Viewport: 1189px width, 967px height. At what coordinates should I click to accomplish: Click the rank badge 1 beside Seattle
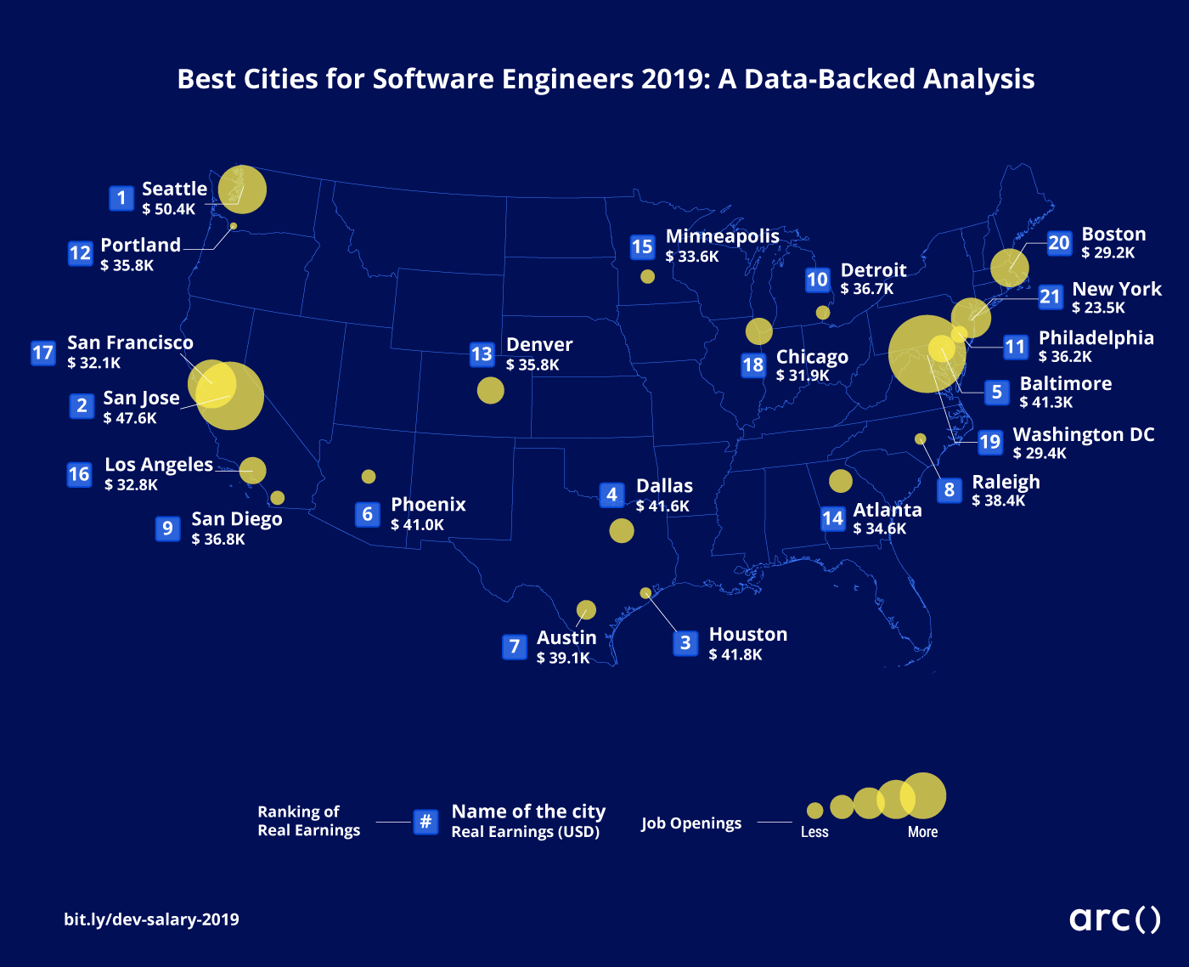click(x=121, y=198)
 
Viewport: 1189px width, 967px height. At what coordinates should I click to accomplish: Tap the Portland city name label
click(x=141, y=245)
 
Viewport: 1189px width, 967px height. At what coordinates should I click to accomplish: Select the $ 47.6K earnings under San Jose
click(x=130, y=418)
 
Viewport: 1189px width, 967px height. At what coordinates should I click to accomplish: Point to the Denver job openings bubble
click(x=491, y=390)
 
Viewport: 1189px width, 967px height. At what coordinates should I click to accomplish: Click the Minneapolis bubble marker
click(x=647, y=276)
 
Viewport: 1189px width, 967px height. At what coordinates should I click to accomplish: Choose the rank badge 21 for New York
click(x=1050, y=297)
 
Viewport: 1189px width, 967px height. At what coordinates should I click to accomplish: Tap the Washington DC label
click(x=1084, y=434)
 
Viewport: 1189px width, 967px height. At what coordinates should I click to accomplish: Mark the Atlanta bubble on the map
click(x=841, y=481)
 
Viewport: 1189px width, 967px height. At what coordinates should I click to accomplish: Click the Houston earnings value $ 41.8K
click(x=735, y=654)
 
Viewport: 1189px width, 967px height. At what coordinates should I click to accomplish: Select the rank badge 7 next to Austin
click(x=514, y=647)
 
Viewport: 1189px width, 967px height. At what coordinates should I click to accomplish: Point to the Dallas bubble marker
click(x=622, y=530)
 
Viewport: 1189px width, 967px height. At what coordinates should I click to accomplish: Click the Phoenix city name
click(x=428, y=505)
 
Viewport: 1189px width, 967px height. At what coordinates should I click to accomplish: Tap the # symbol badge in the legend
click(x=426, y=822)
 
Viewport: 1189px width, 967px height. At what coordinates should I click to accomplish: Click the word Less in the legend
click(x=814, y=832)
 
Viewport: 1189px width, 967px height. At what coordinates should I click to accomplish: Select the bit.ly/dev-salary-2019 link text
click(x=151, y=919)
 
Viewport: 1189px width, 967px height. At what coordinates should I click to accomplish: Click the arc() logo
click(x=1115, y=919)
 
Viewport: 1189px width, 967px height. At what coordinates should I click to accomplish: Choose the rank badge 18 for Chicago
click(x=753, y=365)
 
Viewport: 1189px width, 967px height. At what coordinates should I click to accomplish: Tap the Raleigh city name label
click(x=1006, y=482)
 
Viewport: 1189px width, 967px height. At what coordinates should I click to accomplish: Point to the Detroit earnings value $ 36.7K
click(x=867, y=289)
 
